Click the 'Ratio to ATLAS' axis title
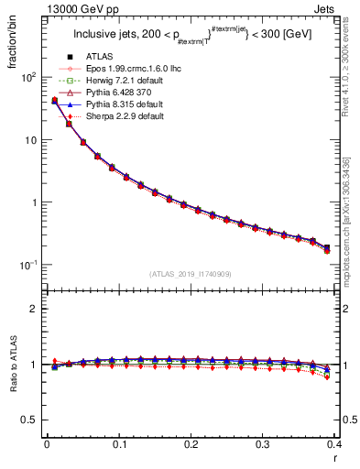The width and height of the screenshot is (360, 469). [13, 365]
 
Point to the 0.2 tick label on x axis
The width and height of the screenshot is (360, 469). [191, 443]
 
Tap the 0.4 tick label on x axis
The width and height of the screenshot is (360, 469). [334, 443]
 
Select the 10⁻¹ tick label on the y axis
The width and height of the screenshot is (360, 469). [27, 264]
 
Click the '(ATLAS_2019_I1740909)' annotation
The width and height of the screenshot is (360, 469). [190, 274]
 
